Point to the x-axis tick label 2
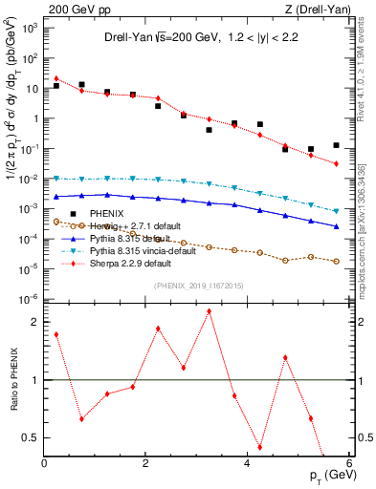tap(145, 464)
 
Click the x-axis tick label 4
tap(248, 464)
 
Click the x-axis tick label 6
tap(349, 464)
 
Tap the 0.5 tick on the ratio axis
tap(33, 437)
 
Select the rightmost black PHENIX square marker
tap(336, 145)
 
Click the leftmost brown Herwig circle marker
tap(56, 222)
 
